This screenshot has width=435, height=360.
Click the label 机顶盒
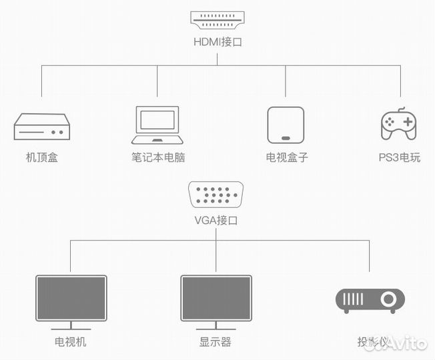coord(41,158)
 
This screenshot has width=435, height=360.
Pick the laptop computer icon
coord(157,125)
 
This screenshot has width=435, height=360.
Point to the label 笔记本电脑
coord(158,158)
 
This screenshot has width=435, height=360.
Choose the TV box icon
coord(286,125)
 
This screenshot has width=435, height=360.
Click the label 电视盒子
coord(287,158)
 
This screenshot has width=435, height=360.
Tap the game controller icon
coord(400,124)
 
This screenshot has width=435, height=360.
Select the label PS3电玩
coord(399,158)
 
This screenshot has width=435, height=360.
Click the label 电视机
coord(71,342)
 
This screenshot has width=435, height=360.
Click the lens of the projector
coord(387,300)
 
